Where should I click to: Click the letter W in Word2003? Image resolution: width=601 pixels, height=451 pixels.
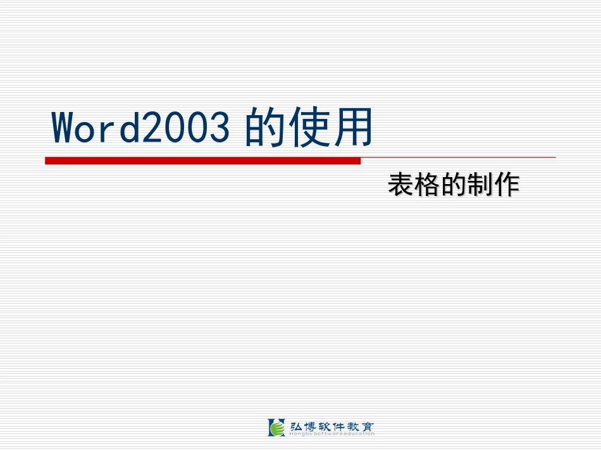[x=66, y=128]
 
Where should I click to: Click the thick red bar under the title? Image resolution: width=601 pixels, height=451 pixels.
[x=202, y=161]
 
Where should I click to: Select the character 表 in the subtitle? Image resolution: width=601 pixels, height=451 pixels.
[x=401, y=185]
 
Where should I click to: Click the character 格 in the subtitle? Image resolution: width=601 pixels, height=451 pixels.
[x=427, y=185]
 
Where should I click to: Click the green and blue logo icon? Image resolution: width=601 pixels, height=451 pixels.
[x=276, y=428]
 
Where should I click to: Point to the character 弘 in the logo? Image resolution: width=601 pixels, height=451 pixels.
[x=295, y=426]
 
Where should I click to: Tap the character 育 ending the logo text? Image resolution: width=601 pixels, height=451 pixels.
[x=367, y=426]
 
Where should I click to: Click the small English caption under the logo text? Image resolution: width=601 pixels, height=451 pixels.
[x=331, y=434]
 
